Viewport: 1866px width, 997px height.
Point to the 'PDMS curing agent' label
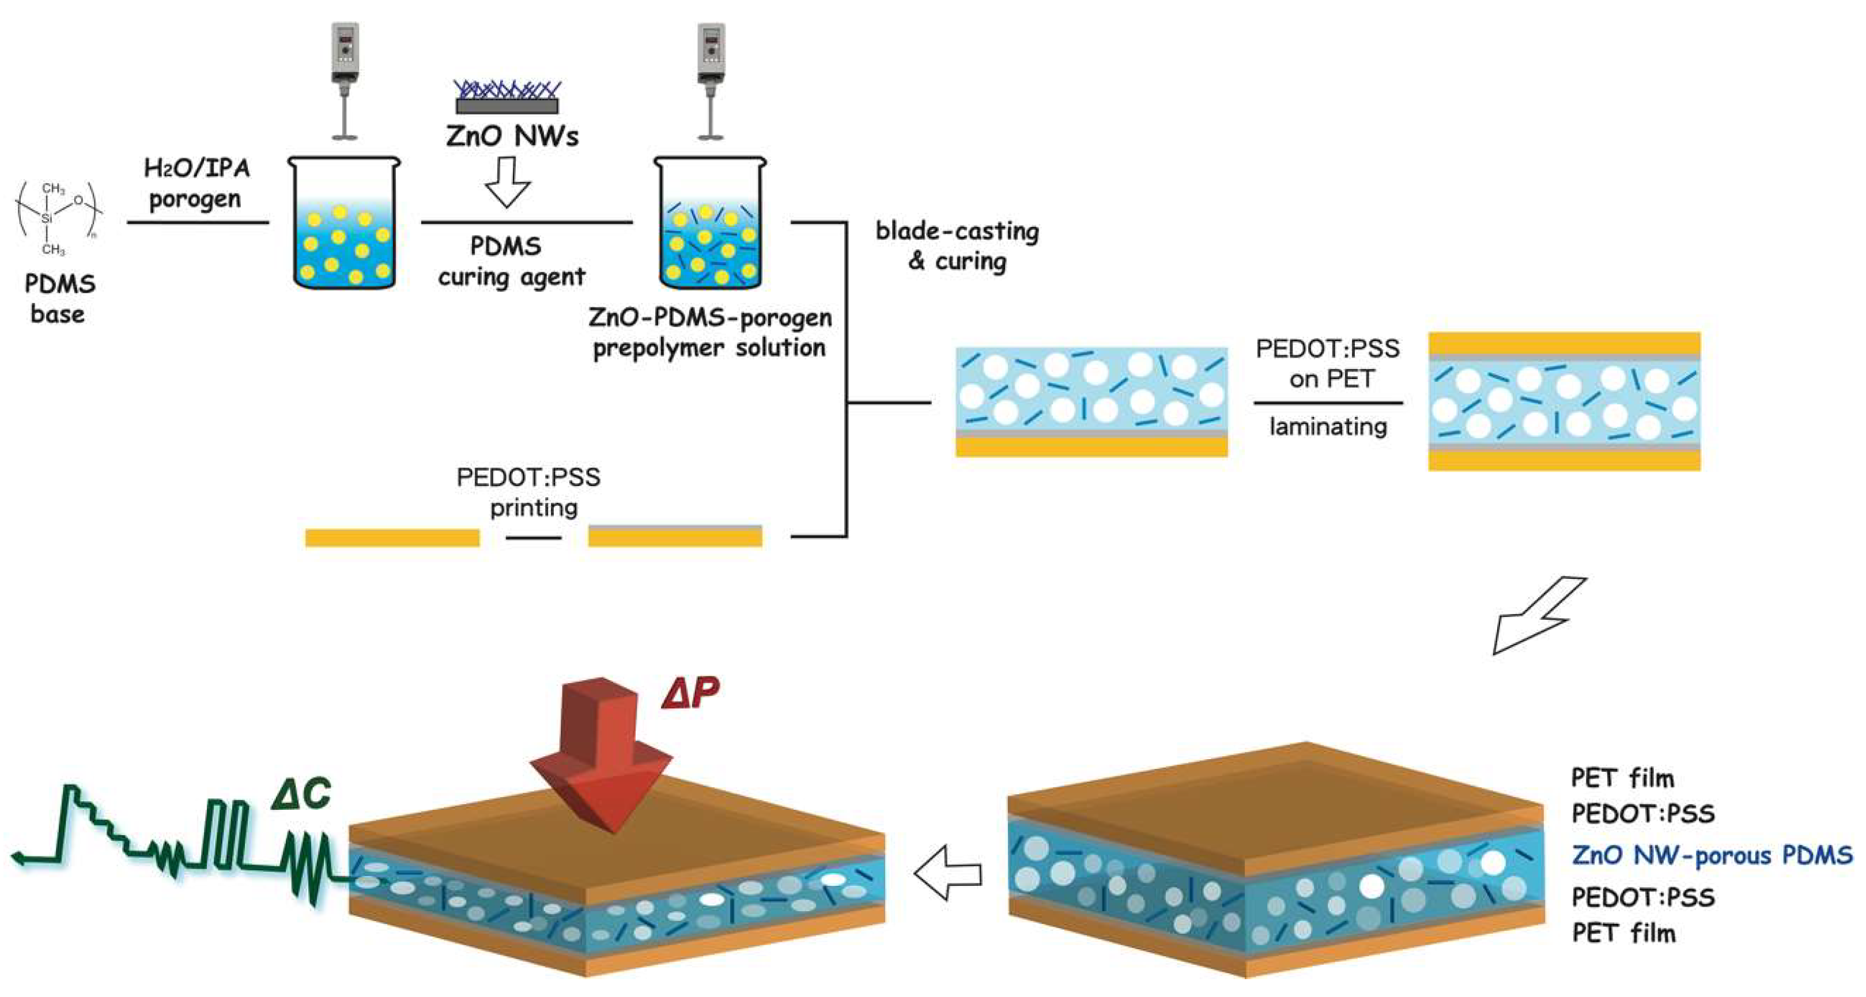coord(510,261)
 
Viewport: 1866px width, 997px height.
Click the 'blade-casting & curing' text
coord(957,246)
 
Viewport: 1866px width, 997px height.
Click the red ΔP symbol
coord(690,693)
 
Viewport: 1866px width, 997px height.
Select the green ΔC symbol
coord(301,794)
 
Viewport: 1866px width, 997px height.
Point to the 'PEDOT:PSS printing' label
coord(530,492)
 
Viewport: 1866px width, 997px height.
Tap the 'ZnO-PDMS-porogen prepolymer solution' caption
coord(710,332)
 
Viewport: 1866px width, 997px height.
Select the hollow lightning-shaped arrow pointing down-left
coord(1536,616)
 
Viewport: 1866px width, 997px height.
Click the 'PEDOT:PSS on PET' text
coord(1328,363)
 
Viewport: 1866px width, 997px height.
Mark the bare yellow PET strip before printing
coord(392,538)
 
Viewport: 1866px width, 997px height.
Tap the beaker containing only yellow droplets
coord(344,225)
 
